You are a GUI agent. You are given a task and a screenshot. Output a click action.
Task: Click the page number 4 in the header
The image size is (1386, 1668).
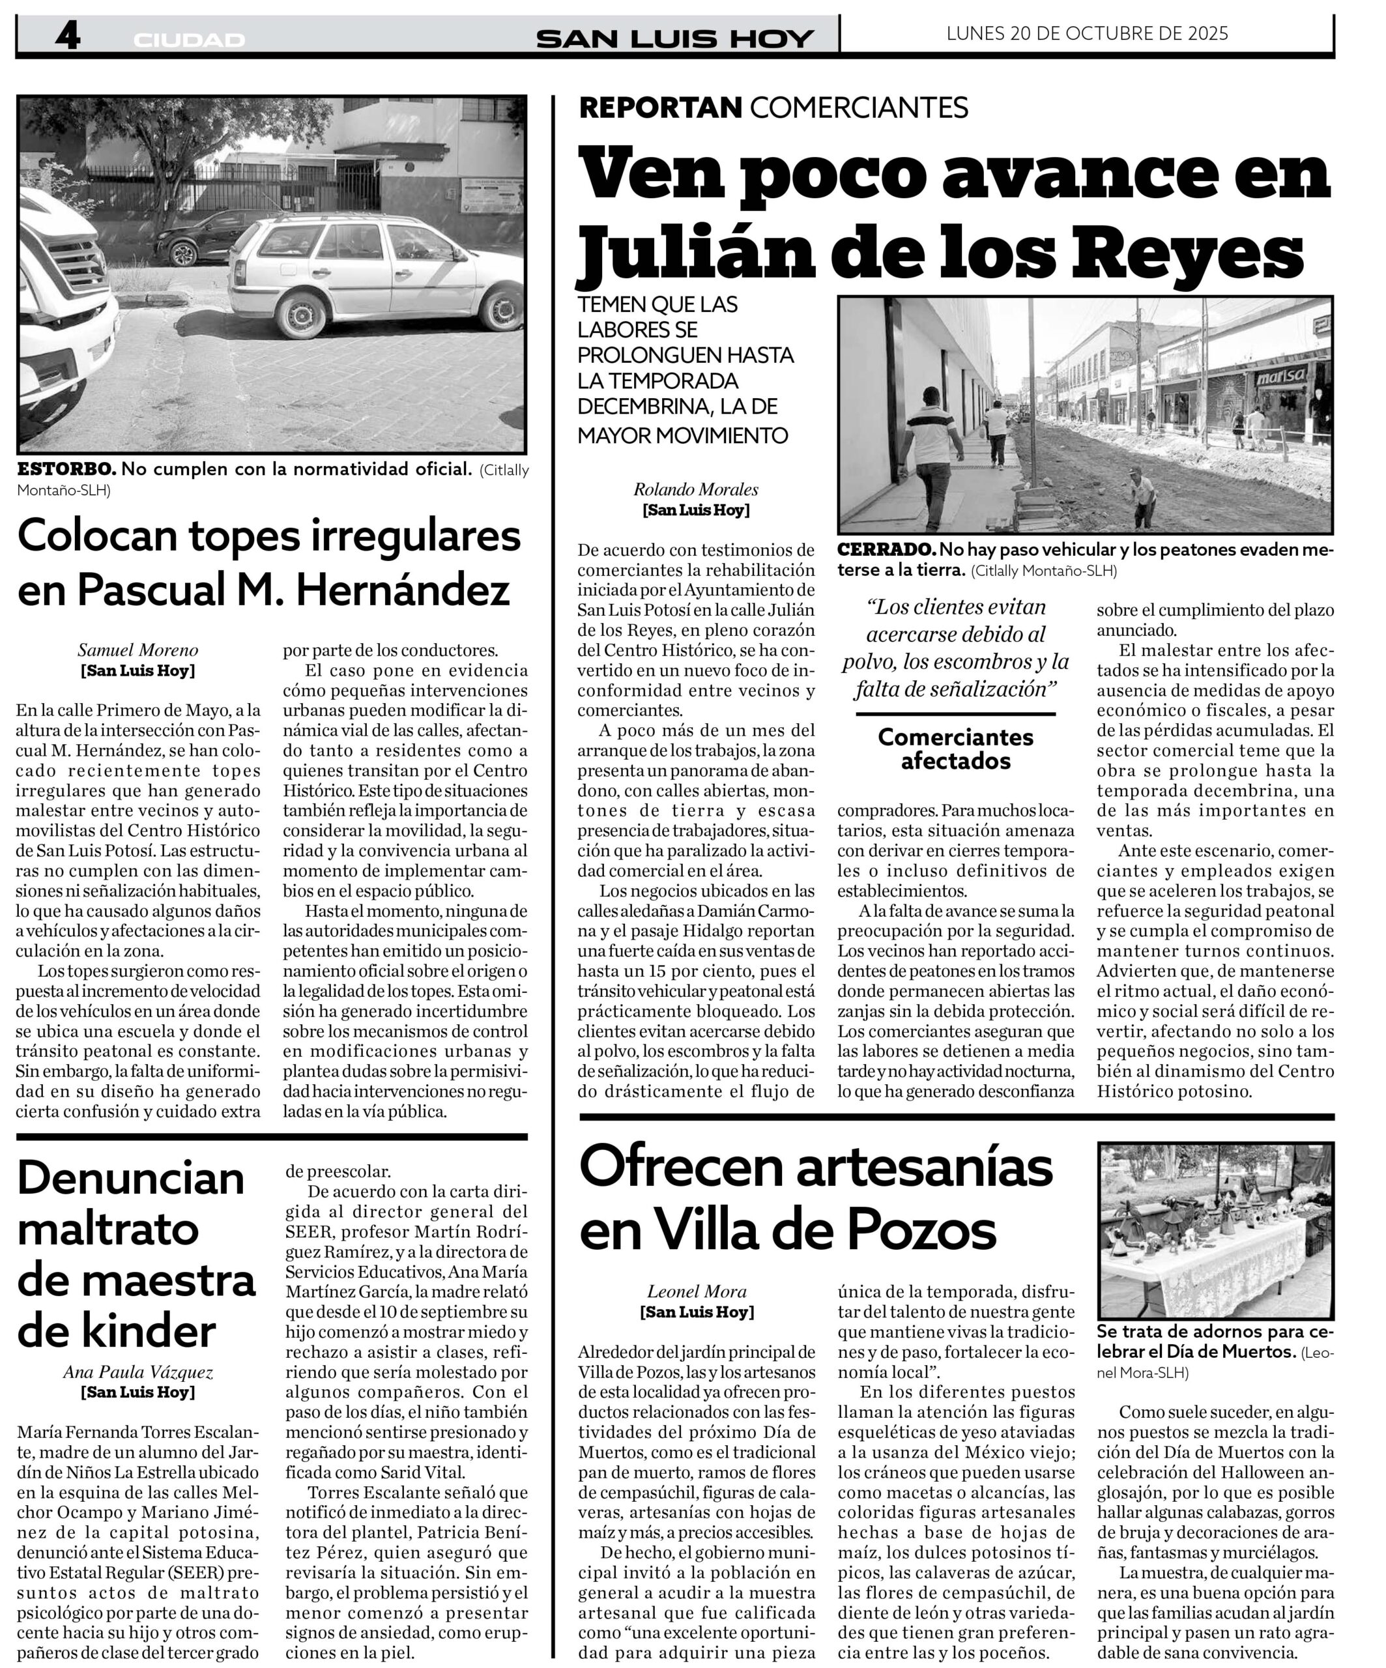(x=68, y=36)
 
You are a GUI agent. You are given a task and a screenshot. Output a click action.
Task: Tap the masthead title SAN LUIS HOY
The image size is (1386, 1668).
(x=674, y=38)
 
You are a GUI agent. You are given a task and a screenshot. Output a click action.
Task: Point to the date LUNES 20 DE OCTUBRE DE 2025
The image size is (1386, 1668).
(x=1086, y=33)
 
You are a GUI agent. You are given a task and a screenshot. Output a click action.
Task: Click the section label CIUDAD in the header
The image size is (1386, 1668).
(x=189, y=40)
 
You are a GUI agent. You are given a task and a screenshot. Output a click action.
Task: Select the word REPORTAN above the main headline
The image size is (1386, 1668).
(x=660, y=108)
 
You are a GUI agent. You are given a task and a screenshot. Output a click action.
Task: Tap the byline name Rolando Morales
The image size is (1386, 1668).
(x=696, y=490)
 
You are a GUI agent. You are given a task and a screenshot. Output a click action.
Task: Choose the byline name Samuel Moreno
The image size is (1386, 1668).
(x=138, y=650)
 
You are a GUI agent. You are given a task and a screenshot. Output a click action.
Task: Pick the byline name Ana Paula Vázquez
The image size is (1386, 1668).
(x=138, y=1372)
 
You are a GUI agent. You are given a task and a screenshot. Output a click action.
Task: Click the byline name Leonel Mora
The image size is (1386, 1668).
(x=697, y=1291)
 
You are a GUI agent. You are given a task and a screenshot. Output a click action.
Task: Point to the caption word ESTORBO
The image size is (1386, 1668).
(x=66, y=469)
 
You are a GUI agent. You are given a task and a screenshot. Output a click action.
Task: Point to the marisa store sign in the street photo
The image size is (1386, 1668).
(x=1280, y=375)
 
